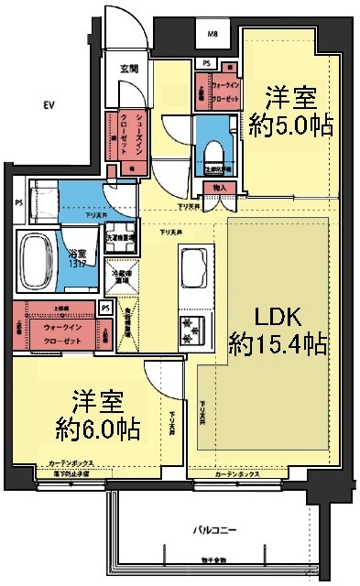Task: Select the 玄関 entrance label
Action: click(x=129, y=68)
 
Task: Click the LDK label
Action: click(x=277, y=316)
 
